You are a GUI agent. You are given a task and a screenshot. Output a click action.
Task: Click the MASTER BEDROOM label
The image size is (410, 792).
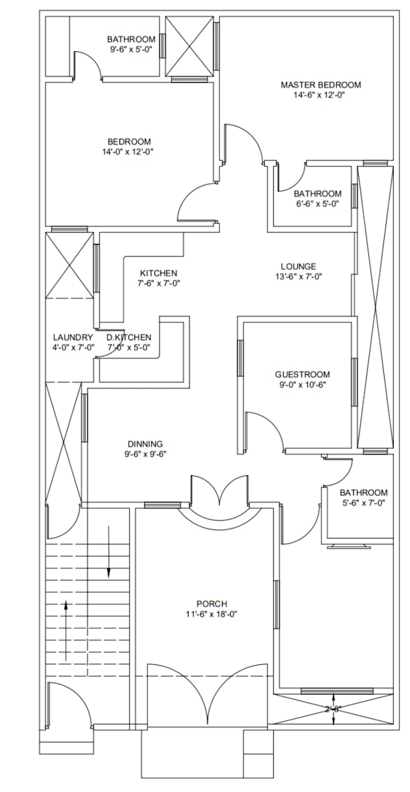click(321, 85)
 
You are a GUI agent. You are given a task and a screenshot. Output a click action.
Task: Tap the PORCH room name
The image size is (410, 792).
click(212, 604)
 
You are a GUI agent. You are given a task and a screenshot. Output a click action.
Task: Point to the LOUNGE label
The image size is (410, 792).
click(298, 266)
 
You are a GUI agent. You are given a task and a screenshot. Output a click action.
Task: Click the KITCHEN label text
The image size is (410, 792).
click(159, 273)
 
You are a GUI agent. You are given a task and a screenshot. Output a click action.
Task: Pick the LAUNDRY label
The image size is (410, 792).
click(74, 337)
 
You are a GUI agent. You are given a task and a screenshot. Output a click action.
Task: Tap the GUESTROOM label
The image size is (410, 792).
click(302, 374)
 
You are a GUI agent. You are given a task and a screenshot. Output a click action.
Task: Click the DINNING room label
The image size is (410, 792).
click(145, 444)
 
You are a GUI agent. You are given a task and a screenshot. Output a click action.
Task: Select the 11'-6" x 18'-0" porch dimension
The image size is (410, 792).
click(212, 614)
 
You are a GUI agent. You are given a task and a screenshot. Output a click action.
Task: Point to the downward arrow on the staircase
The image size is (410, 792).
click(109, 552)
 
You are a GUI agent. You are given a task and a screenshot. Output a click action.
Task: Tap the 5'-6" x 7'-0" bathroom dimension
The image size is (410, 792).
click(363, 502)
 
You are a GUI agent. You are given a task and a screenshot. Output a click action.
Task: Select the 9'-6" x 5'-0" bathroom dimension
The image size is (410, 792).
click(131, 49)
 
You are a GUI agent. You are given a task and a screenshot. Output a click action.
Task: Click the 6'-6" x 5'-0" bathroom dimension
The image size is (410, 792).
click(317, 204)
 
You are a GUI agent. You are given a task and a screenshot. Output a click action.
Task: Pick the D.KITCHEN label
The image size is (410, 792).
click(129, 337)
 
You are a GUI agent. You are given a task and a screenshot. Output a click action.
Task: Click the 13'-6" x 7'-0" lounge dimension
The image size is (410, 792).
click(298, 276)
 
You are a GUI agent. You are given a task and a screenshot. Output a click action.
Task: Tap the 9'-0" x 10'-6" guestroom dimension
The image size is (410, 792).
click(302, 384)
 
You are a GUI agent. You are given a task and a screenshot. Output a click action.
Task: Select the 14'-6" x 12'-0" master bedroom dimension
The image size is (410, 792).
click(319, 95)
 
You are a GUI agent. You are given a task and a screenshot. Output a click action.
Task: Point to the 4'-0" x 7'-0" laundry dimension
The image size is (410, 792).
click(74, 347)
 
